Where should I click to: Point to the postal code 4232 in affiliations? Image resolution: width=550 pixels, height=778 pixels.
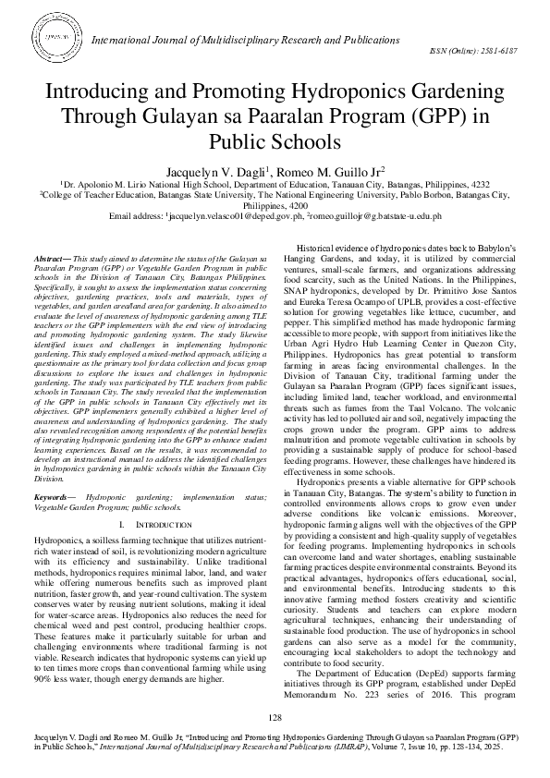479,184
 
